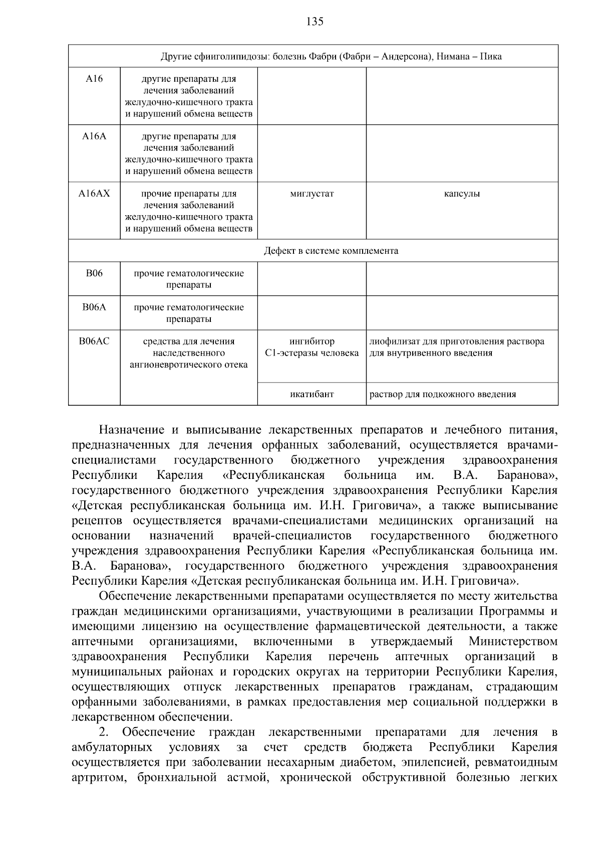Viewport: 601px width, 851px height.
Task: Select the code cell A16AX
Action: point(94,193)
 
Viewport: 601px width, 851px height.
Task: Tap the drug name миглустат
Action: point(312,194)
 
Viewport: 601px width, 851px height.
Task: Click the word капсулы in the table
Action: point(462,194)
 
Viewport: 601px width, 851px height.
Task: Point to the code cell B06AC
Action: point(94,341)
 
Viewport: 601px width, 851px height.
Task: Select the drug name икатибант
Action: point(312,394)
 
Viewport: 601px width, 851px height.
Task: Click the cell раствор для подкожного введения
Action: point(443,394)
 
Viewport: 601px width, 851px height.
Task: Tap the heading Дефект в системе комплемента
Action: point(331,251)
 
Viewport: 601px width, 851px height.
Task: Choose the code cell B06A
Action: point(94,307)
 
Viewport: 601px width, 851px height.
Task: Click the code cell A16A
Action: point(94,136)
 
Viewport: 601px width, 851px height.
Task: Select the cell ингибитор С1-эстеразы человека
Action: point(312,347)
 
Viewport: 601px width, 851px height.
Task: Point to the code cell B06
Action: point(94,273)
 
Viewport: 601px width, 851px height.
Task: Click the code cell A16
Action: point(94,79)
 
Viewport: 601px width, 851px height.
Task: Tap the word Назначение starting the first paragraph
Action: point(132,430)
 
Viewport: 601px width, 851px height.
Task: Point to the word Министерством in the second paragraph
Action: point(513,641)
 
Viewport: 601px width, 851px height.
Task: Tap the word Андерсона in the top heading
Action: point(407,56)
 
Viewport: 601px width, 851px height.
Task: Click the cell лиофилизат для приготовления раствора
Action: point(457,342)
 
